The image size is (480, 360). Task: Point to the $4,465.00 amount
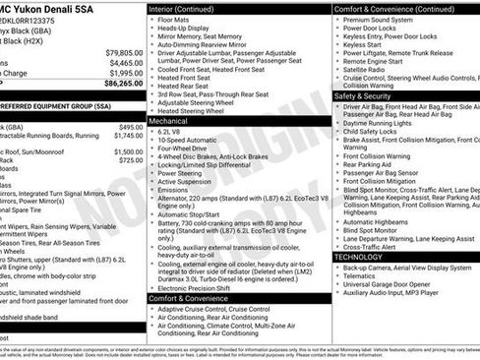pos(125,62)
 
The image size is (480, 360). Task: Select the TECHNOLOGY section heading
pos(359,257)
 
